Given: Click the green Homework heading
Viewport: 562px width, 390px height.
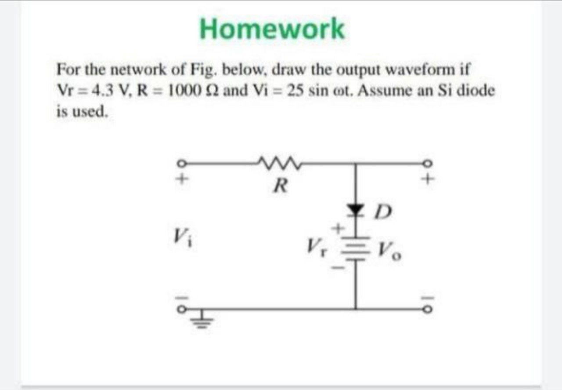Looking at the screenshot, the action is coord(272,29).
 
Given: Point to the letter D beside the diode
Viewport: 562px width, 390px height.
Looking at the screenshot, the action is coord(382,215).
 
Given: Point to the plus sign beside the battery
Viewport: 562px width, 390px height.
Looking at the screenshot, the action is coord(339,228).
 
